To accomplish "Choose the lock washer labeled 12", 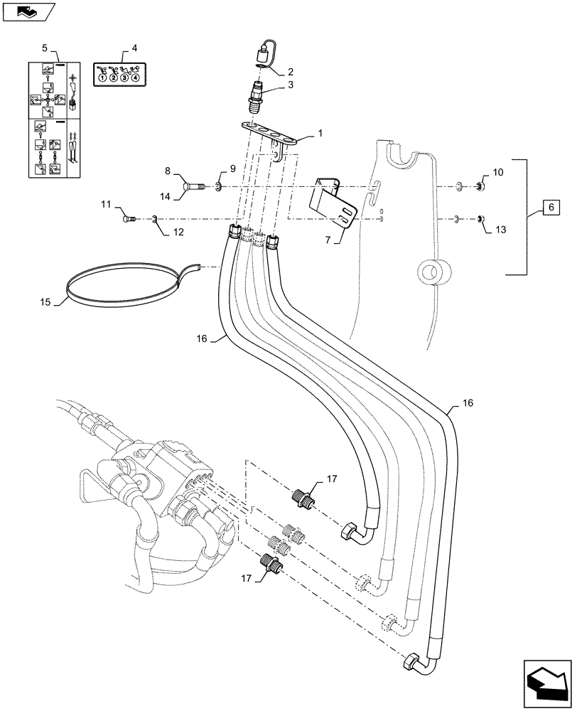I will pos(156,220).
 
